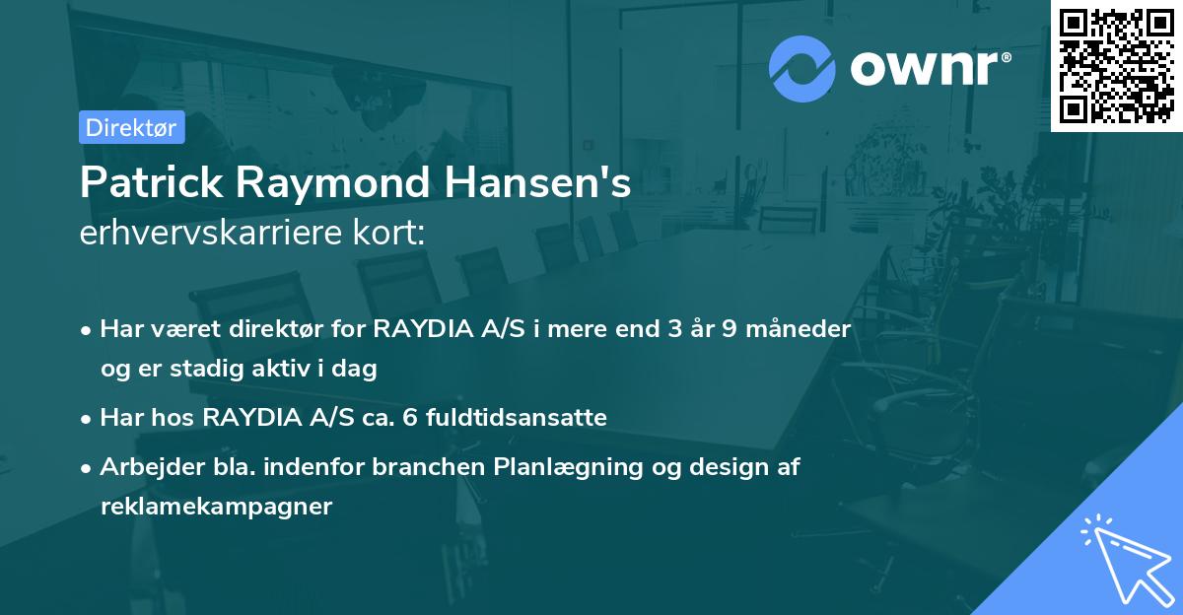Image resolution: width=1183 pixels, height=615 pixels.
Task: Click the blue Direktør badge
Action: click(131, 127)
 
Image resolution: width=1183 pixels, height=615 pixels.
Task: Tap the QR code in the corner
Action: click(1116, 65)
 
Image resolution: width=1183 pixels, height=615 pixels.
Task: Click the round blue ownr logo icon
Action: click(802, 68)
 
